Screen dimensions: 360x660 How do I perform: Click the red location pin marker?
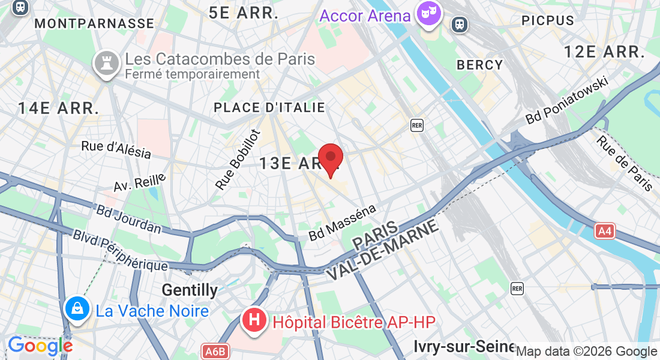point(330,159)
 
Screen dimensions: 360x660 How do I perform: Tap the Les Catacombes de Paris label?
point(220,59)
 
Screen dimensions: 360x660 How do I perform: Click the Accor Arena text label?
point(365,16)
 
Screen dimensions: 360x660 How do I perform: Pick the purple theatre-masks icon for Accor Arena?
point(430,14)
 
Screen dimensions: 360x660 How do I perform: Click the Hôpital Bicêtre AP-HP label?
point(354,322)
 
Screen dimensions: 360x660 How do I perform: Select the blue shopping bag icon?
point(77,308)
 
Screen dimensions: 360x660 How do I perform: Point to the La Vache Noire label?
point(152,311)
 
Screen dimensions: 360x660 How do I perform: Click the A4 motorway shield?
point(605,231)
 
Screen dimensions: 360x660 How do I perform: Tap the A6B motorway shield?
point(215,352)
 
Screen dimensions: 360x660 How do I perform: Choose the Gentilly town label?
point(190,290)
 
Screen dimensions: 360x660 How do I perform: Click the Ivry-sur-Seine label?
point(464,346)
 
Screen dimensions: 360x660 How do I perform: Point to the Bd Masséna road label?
point(343,223)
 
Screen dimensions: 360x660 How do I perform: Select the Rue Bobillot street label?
point(238,160)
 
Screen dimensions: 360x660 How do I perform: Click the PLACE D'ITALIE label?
point(269,108)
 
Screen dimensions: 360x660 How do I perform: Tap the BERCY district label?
point(480,65)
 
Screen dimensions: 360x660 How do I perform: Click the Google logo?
point(40,346)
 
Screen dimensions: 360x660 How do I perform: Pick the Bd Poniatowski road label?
point(566,100)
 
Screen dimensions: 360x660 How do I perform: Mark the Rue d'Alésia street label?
point(116,149)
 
